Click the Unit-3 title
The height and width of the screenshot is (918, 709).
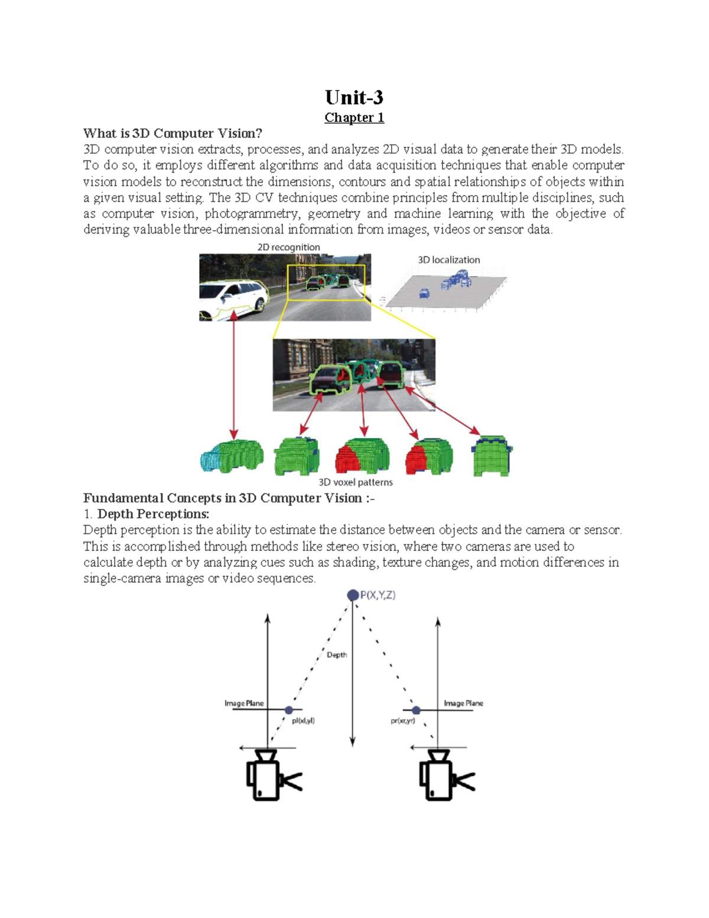coord(354,97)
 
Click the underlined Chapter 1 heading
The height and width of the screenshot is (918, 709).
coord(354,118)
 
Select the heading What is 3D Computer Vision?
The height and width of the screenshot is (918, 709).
coord(172,134)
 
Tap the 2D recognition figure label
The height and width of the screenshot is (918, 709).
coord(288,247)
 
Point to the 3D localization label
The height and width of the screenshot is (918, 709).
coord(448,259)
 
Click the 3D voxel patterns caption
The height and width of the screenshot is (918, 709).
coord(355,482)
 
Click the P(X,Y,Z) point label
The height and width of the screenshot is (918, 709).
coord(378,595)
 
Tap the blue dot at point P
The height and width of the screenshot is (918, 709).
coord(353,595)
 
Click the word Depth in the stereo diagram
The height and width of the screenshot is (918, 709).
coord(337,655)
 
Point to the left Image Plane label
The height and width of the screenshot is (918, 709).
coord(244,703)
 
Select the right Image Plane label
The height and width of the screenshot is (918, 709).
coord(463,703)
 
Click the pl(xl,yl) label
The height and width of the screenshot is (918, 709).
coord(303,721)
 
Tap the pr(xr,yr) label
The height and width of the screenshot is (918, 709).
coord(402,721)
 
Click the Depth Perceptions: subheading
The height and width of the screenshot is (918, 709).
coord(153,514)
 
